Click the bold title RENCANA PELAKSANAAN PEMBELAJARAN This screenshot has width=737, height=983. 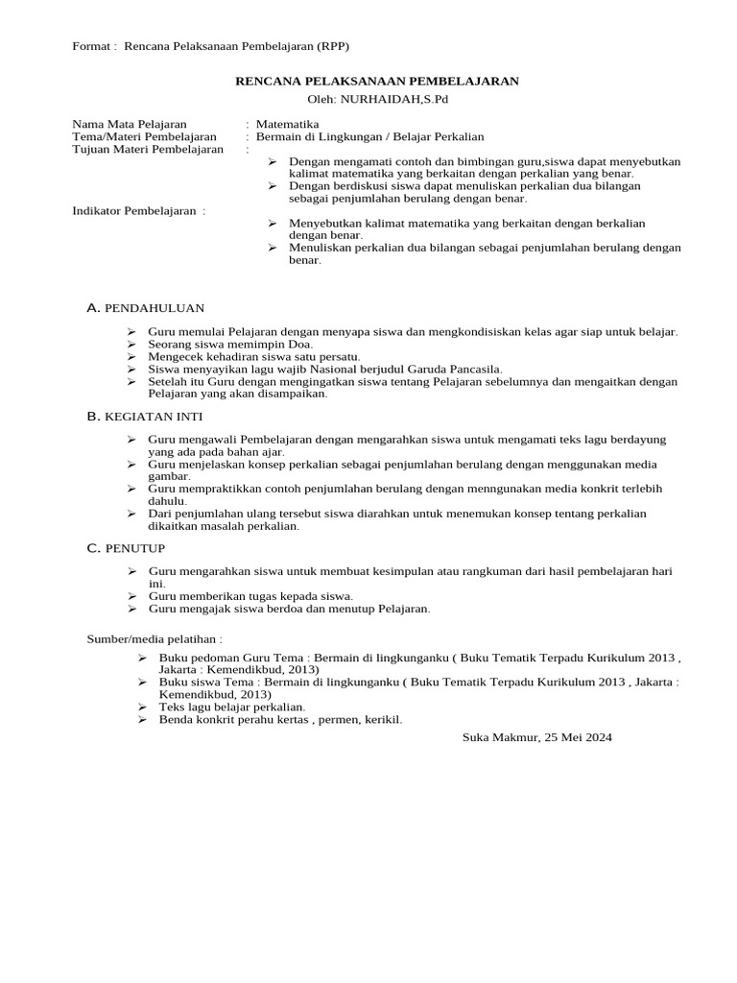pyautogui.click(x=377, y=82)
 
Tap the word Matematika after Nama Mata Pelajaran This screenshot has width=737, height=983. pyautogui.click(x=288, y=124)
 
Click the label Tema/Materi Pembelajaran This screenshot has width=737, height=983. pyautogui.click(x=144, y=136)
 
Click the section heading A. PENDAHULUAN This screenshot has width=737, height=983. pyautogui.click(x=145, y=307)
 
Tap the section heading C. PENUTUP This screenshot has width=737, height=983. pyautogui.click(x=126, y=548)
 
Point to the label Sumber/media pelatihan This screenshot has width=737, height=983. pyautogui.click(x=147, y=638)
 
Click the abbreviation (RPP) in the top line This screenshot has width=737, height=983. pyautogui.click(x=342, y=46)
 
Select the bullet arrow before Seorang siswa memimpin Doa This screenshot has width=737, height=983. pyautogui.click(x=131, y=344)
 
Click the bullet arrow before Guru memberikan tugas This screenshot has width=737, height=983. pyautogui.click(x=131, y=596)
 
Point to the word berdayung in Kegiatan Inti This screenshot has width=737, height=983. pyautogui.click(x=640, y=439)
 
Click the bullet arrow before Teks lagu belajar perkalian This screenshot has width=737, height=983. pyautogui.click(x=142, y=707)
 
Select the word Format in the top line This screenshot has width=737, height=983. pyautogui.click(x=91, y=46)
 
